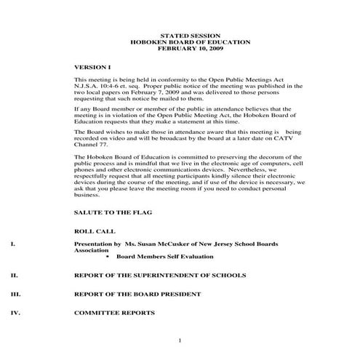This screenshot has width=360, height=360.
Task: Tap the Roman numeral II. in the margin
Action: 15,276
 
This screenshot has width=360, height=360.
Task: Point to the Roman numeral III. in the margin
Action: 17,295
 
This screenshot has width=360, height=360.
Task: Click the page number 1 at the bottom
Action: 179,340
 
